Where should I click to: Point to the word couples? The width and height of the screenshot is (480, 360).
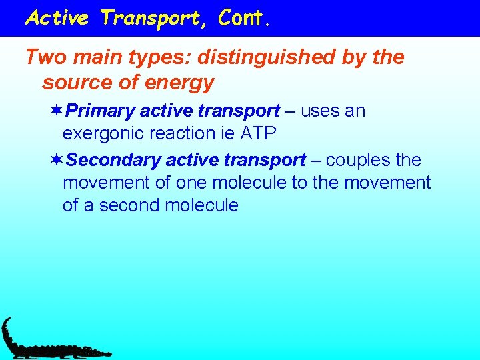(357, 161)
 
